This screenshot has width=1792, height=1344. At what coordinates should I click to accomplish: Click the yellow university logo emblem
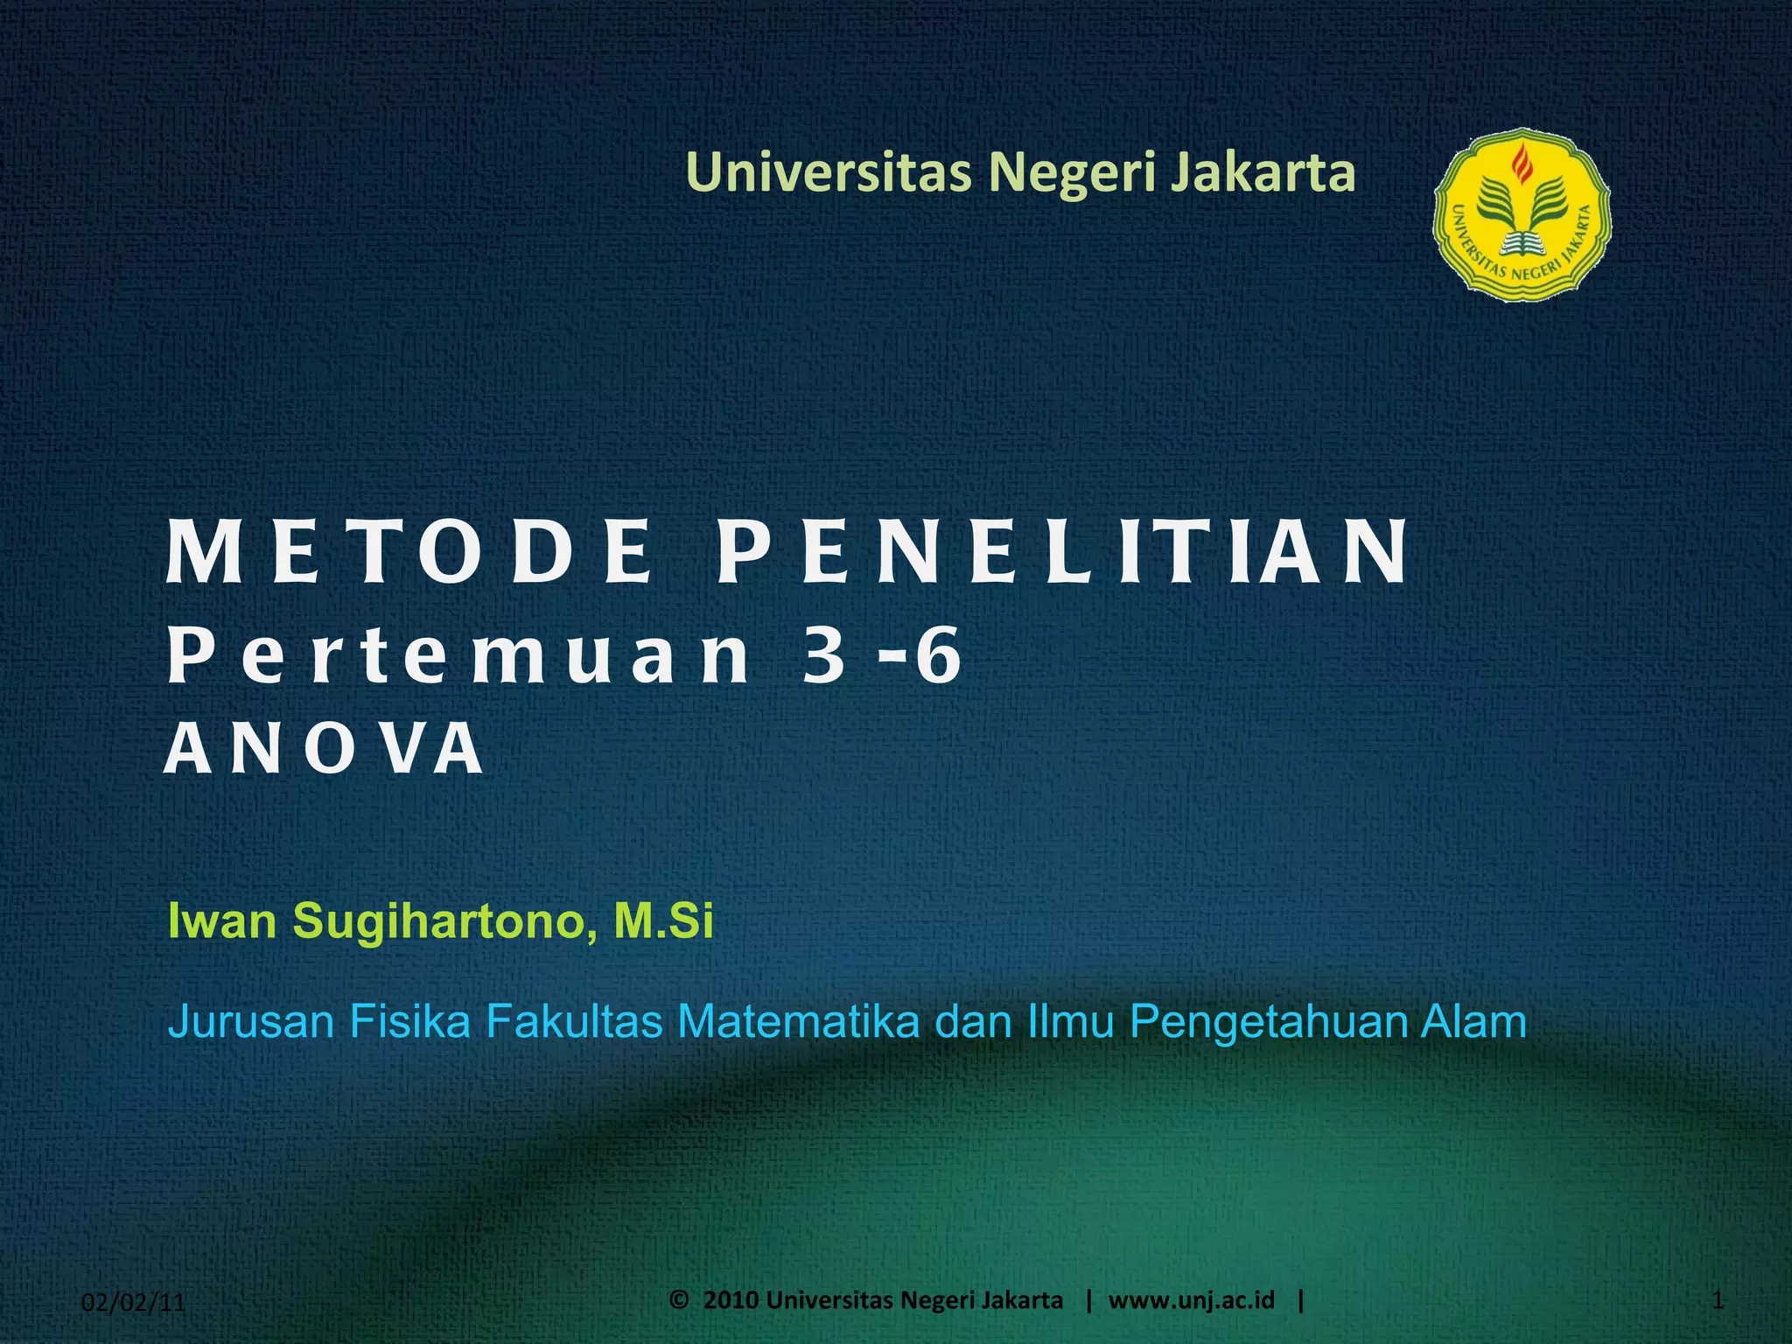tap(1522, 216)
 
